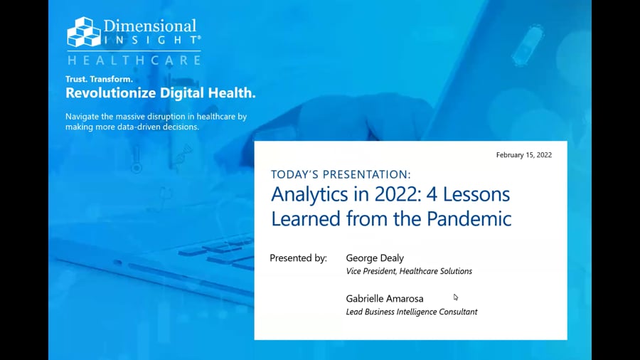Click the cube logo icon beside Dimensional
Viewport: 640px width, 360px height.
pos(84,31)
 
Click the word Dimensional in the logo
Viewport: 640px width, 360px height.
pos(150,26)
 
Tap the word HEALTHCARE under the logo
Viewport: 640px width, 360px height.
pos(134,60)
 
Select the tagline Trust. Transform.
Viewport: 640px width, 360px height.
pos(99,79)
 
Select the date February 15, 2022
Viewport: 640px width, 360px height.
pos(524,155)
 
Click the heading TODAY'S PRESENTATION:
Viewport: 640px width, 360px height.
pos(341,175)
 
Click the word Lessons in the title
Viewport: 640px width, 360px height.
pos(476,194)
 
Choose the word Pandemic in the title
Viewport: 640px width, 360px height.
pos(469,218)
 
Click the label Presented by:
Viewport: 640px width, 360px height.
pos(299,258)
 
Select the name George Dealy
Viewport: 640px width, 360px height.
pos(375,258)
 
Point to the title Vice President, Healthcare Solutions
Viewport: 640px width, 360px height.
pos(409,272)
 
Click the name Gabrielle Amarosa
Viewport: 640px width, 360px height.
pos(385,299)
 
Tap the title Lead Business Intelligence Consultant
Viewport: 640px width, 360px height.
pos(412,312)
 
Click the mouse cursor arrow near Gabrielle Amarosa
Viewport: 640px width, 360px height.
pos(456,297)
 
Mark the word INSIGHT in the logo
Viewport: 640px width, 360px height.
pos(151,40)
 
